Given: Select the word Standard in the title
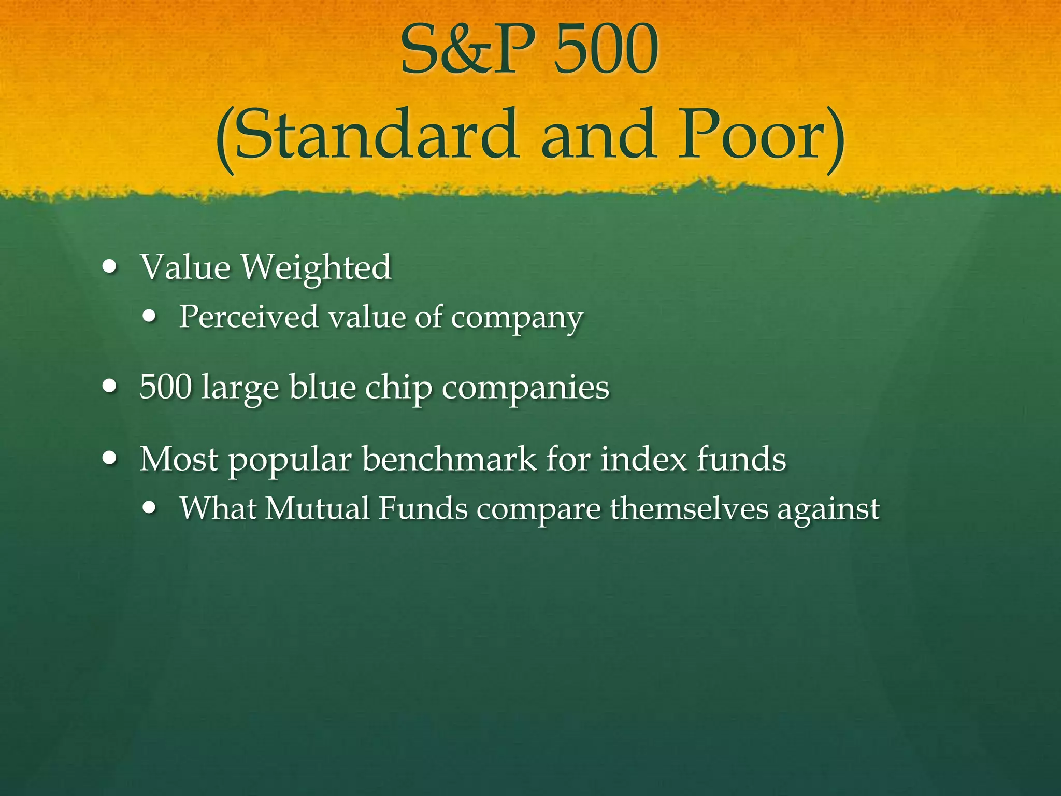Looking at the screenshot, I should coord(376,136).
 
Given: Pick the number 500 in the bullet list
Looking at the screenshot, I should coord(166,387).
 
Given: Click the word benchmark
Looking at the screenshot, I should coord(449,459).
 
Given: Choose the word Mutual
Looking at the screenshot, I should coord(317,508).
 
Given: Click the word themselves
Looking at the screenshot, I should coord(689,508).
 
